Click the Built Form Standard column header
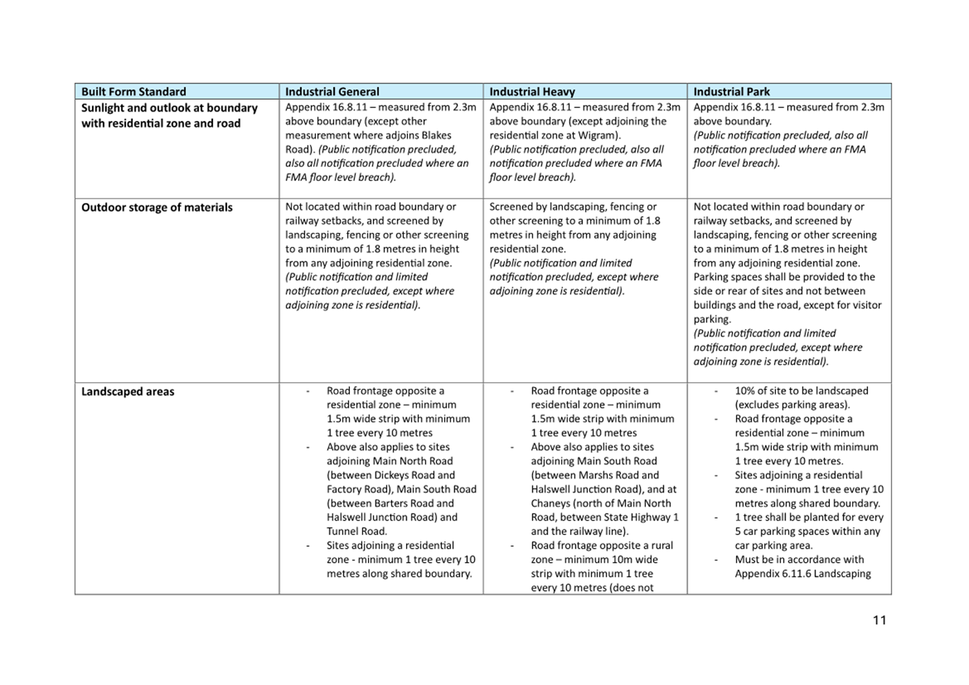tap(133, 92)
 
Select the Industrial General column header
tap(332, 92)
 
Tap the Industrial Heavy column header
tap(532, 92)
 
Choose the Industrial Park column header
tap(731, 92)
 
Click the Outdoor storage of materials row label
tap(157, 207)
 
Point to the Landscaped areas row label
tap(128, 392)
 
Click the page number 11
tap(879, 620)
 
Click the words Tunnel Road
tap(357, 532)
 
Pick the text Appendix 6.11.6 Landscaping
tap(803, 574)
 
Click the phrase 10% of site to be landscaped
tap(801, 391)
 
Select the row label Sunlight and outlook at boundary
tap(169, 109)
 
